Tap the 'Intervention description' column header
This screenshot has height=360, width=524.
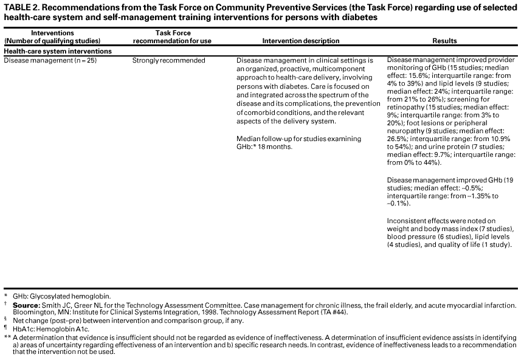click(x=300, y=41)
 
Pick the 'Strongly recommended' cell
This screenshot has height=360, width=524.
click(x=168, y=61)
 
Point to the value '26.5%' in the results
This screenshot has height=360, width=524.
click(x=396, y=139)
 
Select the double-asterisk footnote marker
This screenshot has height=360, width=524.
click(x=7, y=337)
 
